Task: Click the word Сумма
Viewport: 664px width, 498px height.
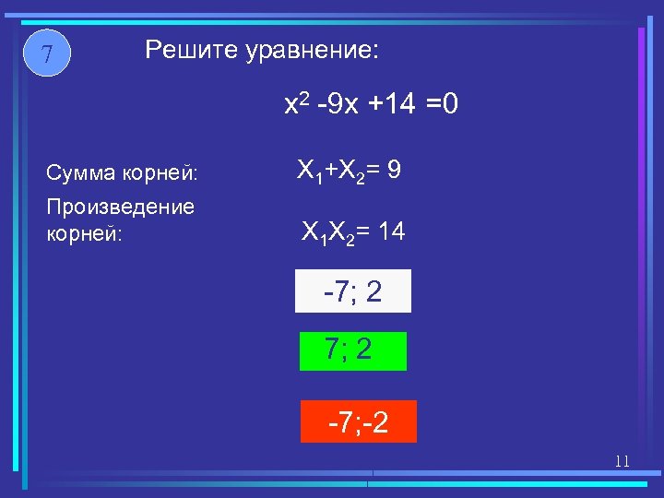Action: pos(77,172)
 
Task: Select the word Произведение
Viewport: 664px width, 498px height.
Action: pos(120,207)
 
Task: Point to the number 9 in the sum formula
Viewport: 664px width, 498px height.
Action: pos(394,171)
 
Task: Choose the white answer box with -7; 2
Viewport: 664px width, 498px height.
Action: pos(352,291)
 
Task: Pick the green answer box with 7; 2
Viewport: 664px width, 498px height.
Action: pos(352,350)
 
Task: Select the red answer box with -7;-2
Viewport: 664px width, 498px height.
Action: pos(358,422)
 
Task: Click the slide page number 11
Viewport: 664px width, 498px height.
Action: pos(622,460)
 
